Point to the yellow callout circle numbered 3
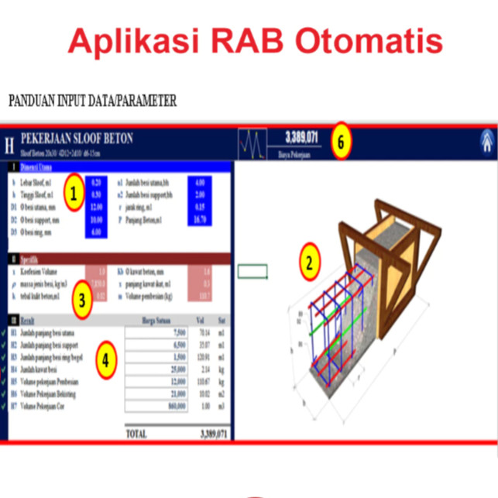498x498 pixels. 81,300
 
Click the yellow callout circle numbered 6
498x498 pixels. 342,142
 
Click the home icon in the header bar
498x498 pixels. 486,141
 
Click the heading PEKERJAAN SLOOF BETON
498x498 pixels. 77,137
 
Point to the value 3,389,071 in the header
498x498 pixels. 301,137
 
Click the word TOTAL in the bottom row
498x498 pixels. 136,434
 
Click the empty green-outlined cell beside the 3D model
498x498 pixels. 252,271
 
